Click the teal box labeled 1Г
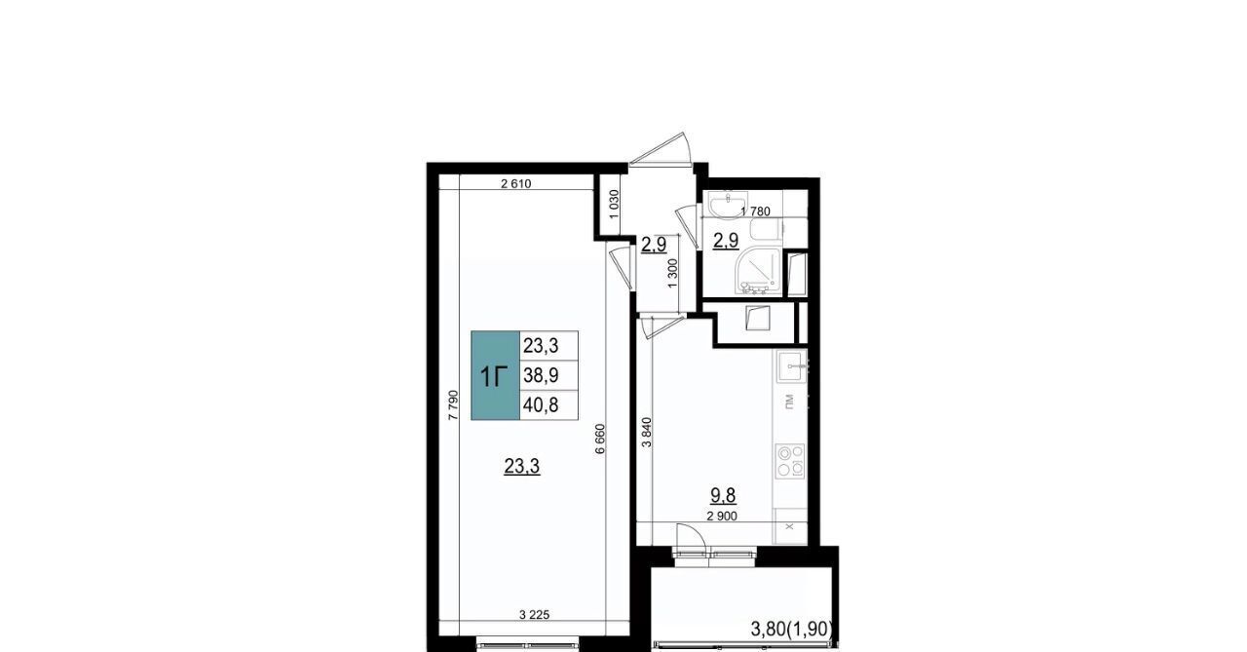pyautogui.click(x=496, y=375)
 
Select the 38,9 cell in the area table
pyautogui.click(x=548, y=376)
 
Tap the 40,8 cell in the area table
pyautogui.click(x=548, y=405)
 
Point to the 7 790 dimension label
pyautogui.click(x=453, y=404)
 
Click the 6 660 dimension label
pyautogui.click(x=599, y=439)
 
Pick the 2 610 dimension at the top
pyautogui.click(x=516, y=184)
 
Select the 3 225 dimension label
pyautogui.click(x=534, y=615)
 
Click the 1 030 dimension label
pyautogui.click(x=614, y=205)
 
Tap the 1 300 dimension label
pyautogui.click(x=672, y=274)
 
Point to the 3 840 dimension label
pyautogui.click(x=646, y=432)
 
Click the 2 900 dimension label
pyautogui.click(x=722, y=517)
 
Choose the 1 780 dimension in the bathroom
pyautogui.click(x=755, y=211)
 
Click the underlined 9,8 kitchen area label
pyautogui.click(x=723, y=495)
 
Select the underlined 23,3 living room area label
pyautogui.click(x=521, y=467)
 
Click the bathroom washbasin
pyautogui.click(x=727, y=205)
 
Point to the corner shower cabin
pyautogui.click(x=759, y=271)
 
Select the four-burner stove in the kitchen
pyautogui.click(x=790, y=461)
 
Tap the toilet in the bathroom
pyautogui.click(x=766, y=229)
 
